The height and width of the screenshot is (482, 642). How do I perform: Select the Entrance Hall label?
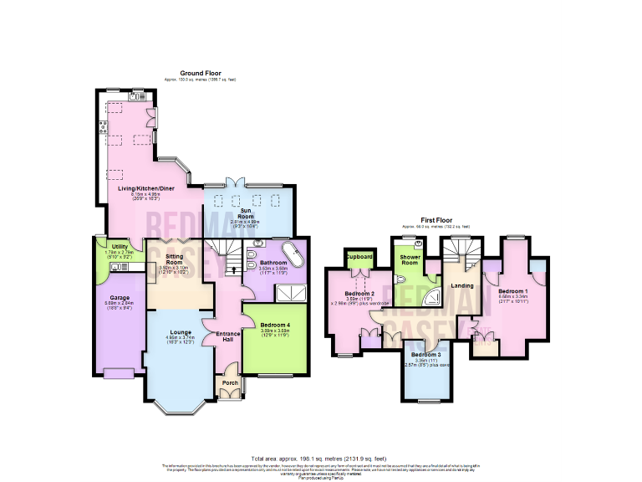tap(228, 336)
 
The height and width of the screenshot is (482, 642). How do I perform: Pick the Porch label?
tap(230, 383)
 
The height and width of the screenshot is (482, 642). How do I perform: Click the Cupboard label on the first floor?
tap(360, 257)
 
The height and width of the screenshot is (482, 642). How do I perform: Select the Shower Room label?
tap(410, 259)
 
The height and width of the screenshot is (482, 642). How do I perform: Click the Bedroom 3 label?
tap(425, 356)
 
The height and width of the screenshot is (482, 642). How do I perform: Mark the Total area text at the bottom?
tap(320, 459)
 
